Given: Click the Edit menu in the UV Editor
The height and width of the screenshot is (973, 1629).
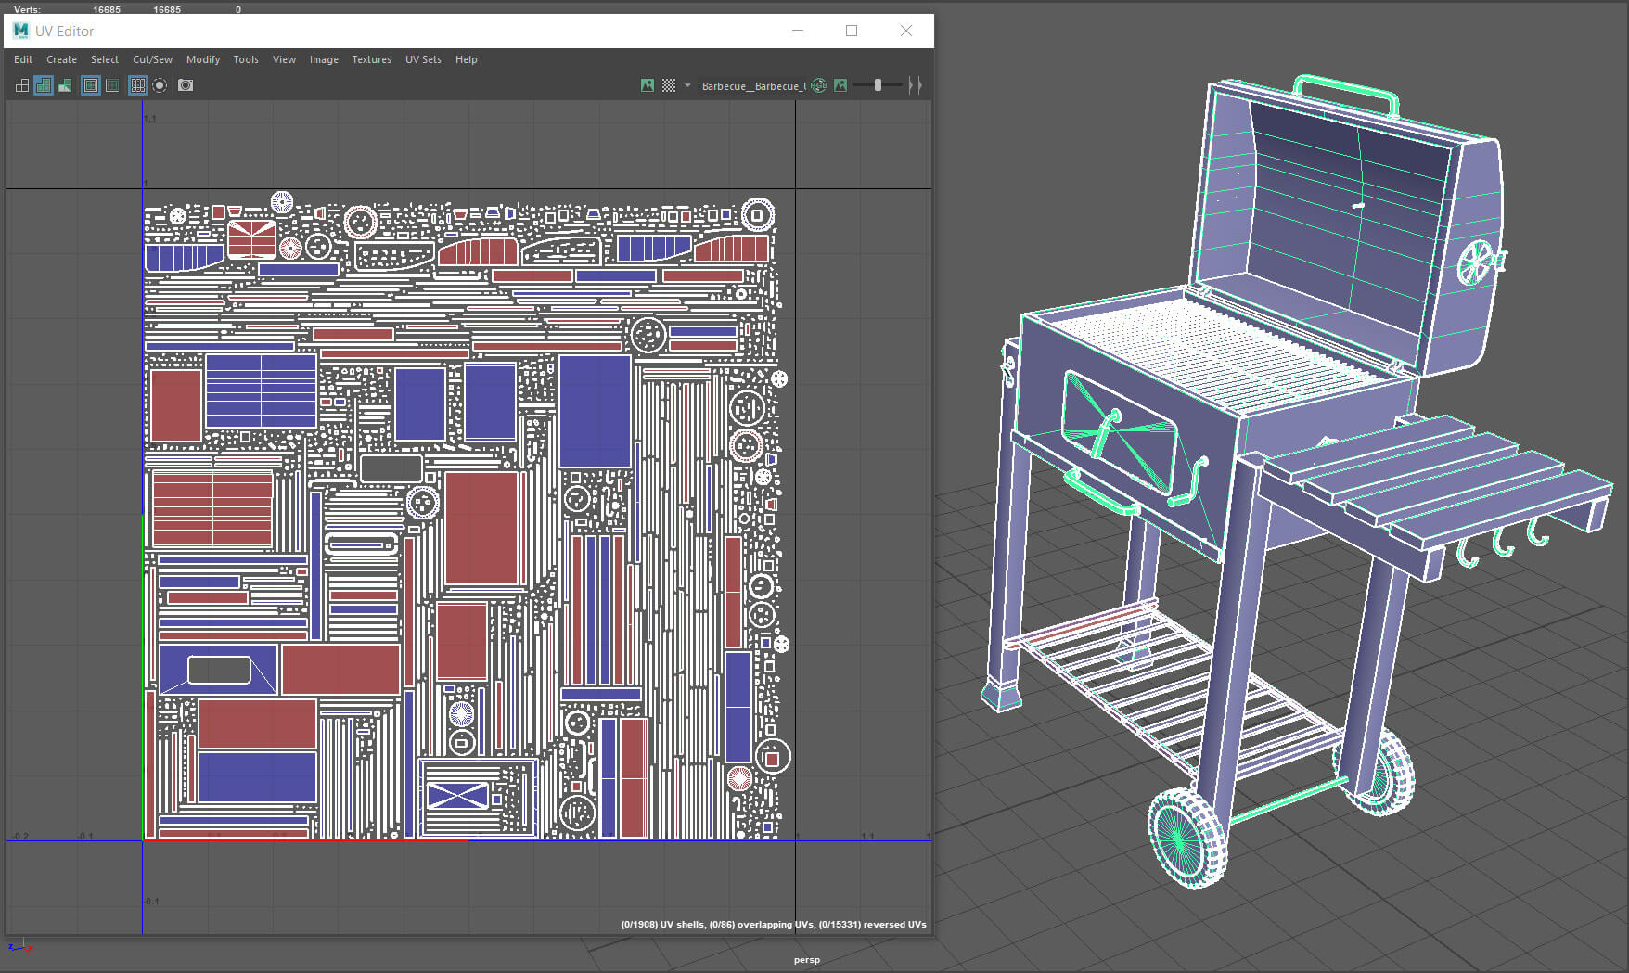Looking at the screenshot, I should pos(23,59).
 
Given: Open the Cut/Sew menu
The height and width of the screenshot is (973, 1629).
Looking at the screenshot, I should pos(152,59).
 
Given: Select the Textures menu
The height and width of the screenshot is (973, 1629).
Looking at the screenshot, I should pos(371,59).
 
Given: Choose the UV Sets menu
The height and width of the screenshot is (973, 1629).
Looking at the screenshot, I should pos(423,59).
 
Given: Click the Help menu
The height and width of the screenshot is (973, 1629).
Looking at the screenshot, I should pos(466,59).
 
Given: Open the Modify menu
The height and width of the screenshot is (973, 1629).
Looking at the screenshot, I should pos(203,59).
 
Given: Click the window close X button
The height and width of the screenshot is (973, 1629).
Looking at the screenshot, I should pos(906,31).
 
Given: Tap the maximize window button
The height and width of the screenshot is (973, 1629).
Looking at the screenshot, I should pos(852,31).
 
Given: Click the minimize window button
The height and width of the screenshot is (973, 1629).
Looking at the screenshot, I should pos(798,31).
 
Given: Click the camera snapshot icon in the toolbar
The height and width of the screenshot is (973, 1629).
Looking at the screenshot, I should pos(186,85).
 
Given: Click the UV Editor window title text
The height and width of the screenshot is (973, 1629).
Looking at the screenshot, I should pos(64,32).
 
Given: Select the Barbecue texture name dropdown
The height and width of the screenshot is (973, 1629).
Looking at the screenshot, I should pos(752,86).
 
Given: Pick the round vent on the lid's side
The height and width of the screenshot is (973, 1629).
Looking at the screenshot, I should pos(1475,262).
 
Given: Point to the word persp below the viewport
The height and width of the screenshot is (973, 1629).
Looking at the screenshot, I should pos(806,960).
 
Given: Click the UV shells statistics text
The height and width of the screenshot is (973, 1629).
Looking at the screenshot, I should pos(773,925).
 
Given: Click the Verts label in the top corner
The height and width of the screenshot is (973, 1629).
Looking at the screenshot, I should pos(27,9).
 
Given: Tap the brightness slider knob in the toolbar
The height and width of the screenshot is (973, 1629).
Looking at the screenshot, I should pos(878,85).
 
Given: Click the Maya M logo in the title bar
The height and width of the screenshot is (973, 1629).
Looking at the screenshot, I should pos(20,31).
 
